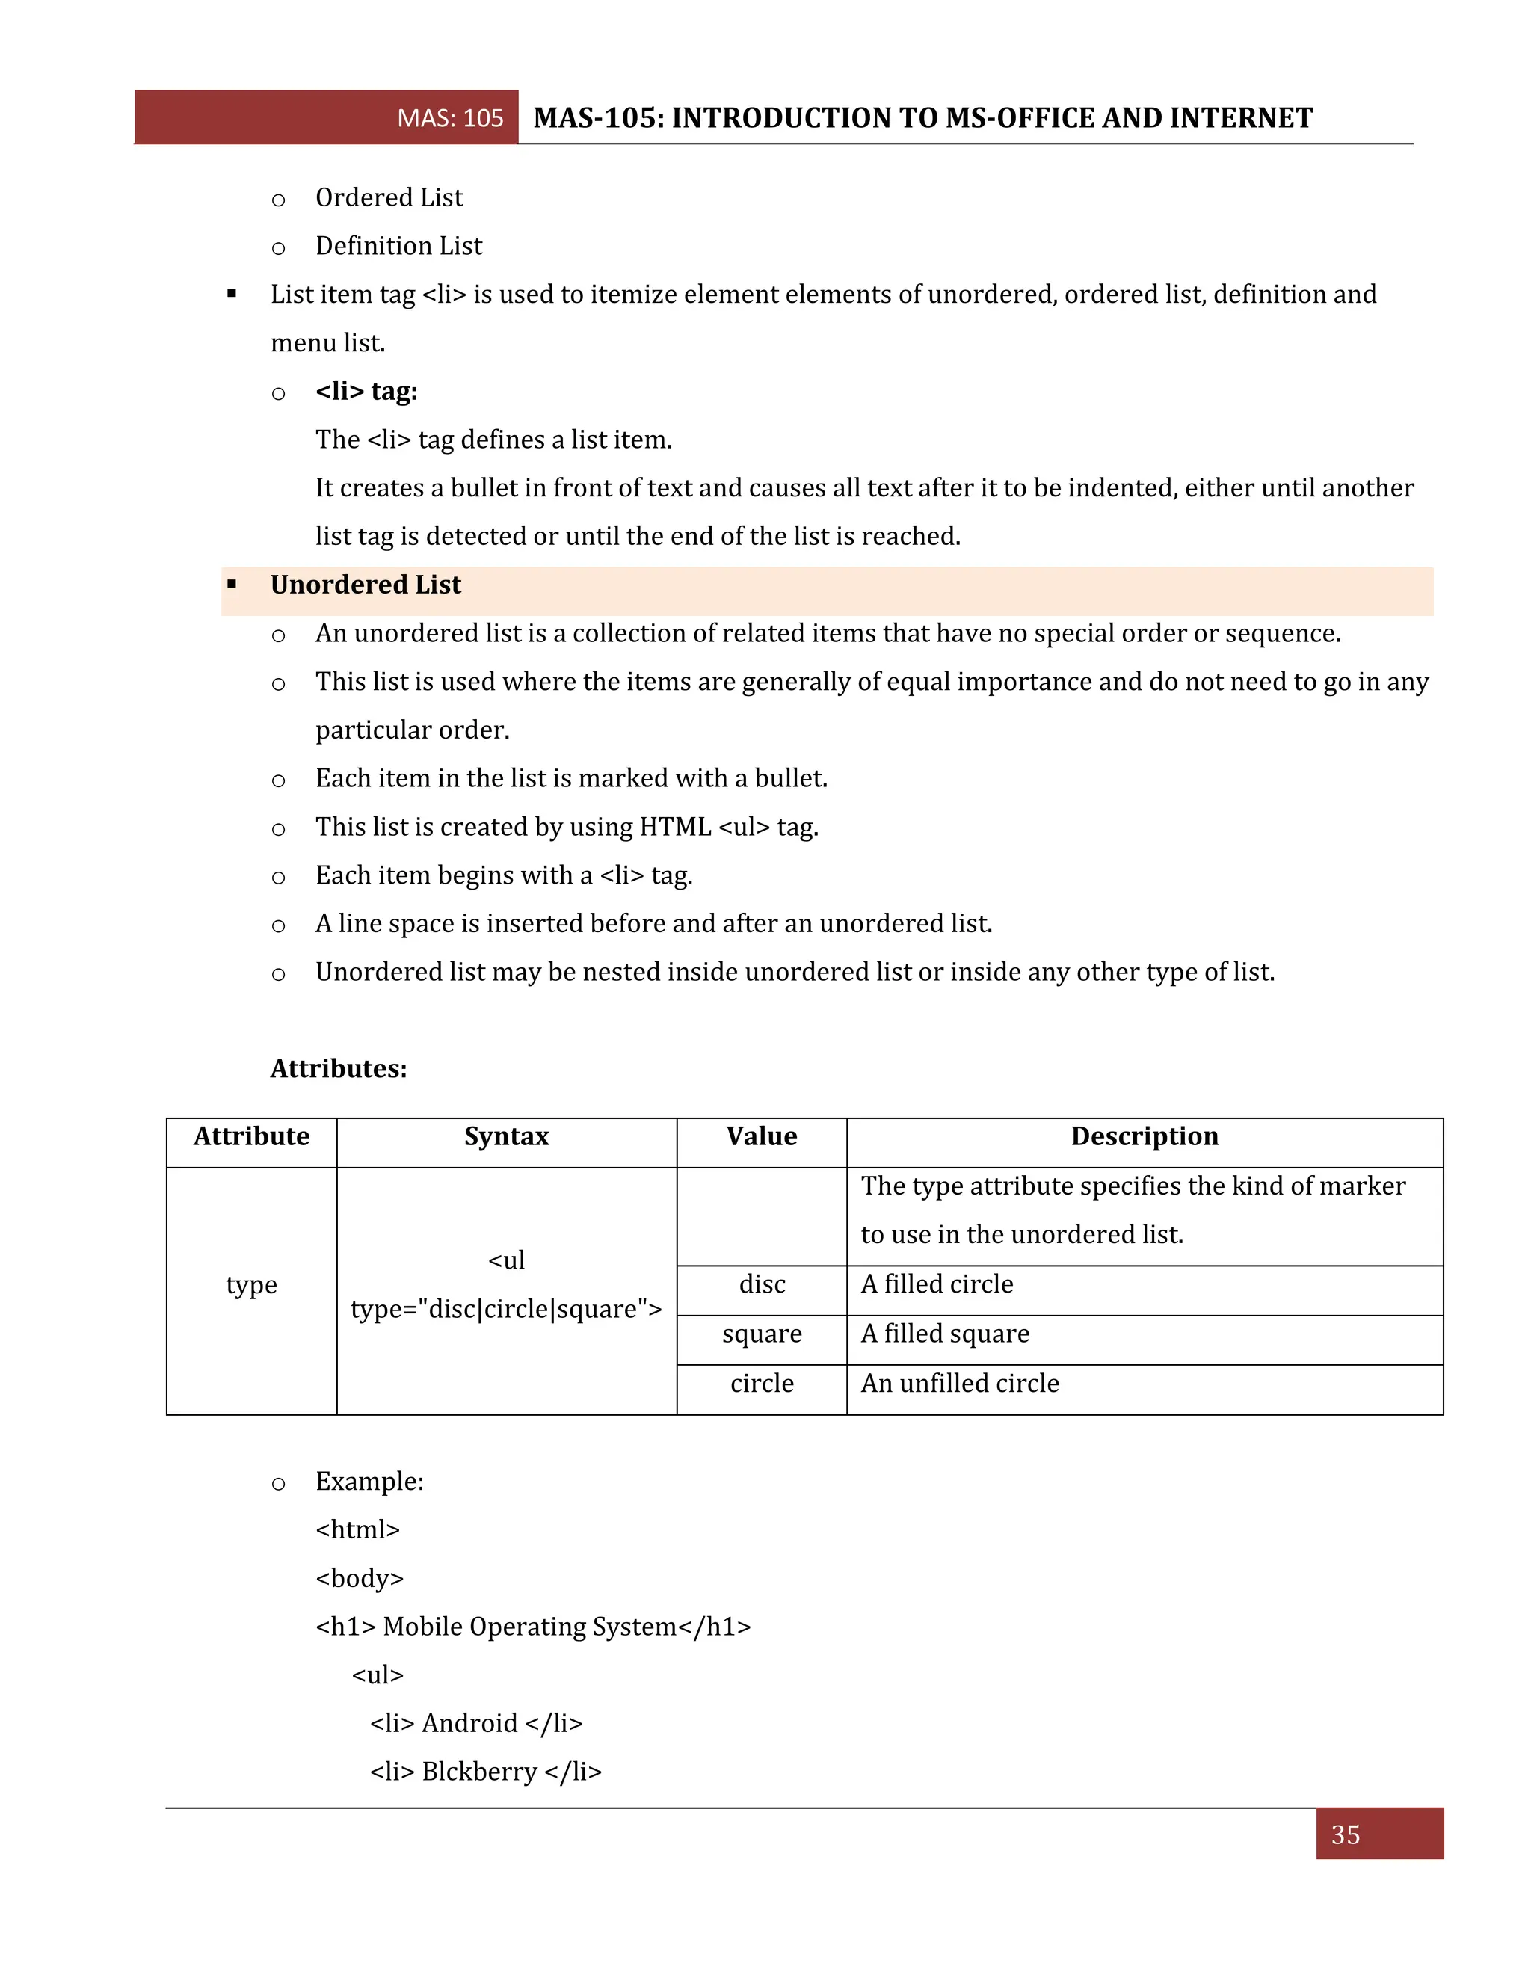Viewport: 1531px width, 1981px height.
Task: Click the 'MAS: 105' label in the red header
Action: coord(450,118)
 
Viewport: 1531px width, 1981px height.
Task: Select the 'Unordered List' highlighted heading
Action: coord(366,585)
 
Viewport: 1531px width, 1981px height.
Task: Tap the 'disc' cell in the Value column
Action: coord(762,1284)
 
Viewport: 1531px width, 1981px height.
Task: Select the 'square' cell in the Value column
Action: coord(762,1334)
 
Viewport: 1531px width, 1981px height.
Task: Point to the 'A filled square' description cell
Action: coord(945,1334)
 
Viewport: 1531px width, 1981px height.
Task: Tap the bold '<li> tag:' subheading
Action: coord(366,392)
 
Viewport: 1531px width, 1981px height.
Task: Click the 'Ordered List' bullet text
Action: coord(389,198)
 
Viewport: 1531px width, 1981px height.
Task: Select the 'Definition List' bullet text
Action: coord(399,246)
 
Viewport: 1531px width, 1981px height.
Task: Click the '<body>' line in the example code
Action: coord(359,1578)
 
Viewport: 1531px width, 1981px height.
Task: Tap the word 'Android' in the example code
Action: coord(469,1723)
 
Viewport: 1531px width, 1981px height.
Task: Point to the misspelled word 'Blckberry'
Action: coord(480,1772)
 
